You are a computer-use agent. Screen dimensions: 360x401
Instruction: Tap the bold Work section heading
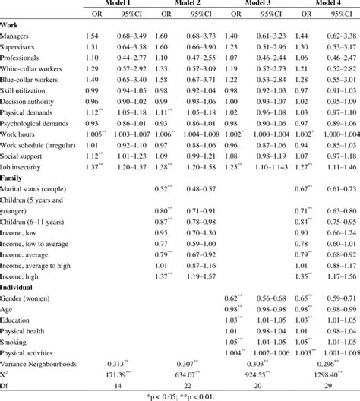10,25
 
